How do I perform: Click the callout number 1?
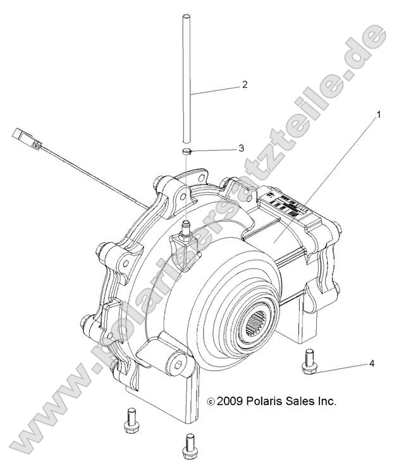379,115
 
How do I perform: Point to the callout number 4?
372,363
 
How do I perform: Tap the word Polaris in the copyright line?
269,401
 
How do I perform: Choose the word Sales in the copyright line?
308,401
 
